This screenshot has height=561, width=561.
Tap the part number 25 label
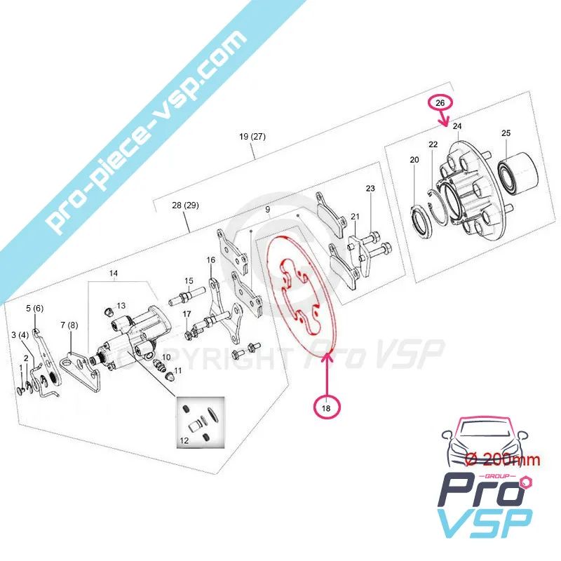point(506,133)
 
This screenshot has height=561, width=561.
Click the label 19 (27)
point(252,137)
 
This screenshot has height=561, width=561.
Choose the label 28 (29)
point(186,205)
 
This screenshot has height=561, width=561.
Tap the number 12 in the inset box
point(184,441)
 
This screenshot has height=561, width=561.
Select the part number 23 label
point(370,189)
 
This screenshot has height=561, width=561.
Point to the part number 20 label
point(414,161)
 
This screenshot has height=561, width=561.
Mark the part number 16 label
point(210,260)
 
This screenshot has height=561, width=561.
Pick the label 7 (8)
point(68,325)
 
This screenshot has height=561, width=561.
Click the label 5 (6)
point(34,308)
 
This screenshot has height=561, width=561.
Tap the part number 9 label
point(267,210)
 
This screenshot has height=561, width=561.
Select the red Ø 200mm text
point(502,460)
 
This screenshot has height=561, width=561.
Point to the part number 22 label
point(433,144)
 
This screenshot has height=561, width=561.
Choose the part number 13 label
point(121,306)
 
